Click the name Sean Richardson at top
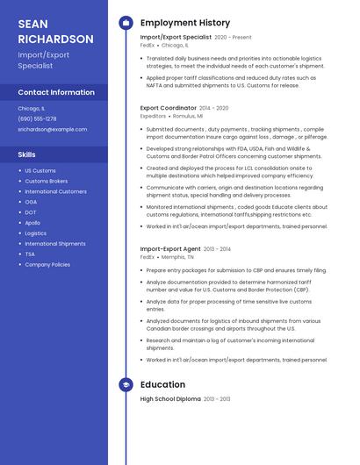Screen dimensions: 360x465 (x=55, y=31)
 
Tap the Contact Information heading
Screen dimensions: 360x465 (x=56, y=92)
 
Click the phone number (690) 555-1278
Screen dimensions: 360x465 (x=37, y=118)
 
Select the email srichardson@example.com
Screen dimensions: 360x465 (x=53, y=129)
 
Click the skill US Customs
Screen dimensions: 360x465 (x=40, y=170)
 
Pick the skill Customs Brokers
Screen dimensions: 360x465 (x=46, y=181)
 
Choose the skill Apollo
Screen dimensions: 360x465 (x=32, y=223)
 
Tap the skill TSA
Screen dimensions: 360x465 (x=30, y=254)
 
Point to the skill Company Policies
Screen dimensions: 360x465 (x=47, y=264)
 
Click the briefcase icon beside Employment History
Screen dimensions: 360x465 (x=126, y=23)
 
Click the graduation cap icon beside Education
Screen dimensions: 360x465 (x=126, y=384)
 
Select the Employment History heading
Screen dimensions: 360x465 (x=185, y=23)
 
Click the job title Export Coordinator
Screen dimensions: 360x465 (x=168, y=108)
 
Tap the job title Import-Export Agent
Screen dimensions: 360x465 (x=170, y=249)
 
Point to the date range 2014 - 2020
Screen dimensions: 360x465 (x=214, y=108)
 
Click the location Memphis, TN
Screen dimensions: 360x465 (x=179, y=257)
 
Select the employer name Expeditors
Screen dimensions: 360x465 (x=153, y=116)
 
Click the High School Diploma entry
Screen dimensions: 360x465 (x=170, y=399)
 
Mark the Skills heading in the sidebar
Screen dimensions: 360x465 (x=27, y=154)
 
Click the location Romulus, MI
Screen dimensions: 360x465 (x=188, y=116)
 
